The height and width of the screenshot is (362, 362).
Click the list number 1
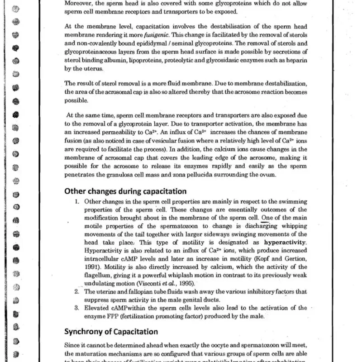coord(77,200)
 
